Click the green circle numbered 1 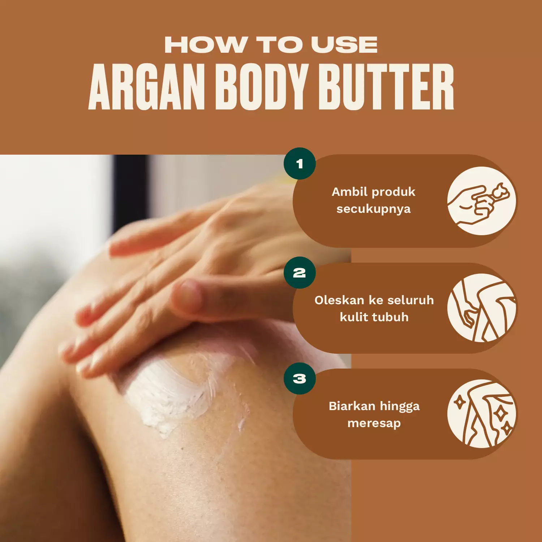pyautogui.click(x=300, y=164)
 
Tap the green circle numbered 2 pyautogui.click(x=300, y=273)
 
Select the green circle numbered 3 pyautogui.click(x=300, y=379)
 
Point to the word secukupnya pyautogui.click(x=374, y=209)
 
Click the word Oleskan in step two pyautogui.click(x=339, y=300)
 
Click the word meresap pyautogui.click(x=374, y=423)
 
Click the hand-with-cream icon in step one pyautogui.click(x=482, y=201)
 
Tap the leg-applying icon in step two pyautogui.click(x=482, y=308)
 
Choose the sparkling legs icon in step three pyautogui.click(x=482, y=414)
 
